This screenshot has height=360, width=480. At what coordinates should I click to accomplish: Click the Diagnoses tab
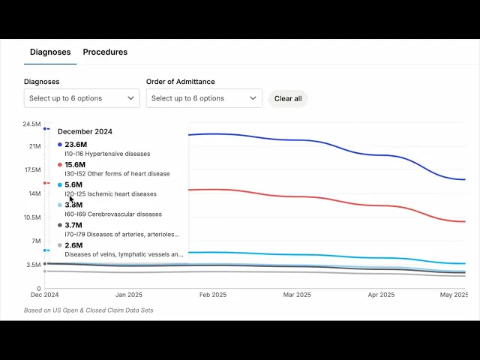pyautogui.click(x=50, y=52)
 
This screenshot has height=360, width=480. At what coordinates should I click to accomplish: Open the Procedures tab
pyautogui.click(x=105, y=52)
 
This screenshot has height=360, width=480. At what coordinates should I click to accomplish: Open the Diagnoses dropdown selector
pyautogui.click(x=82, y=98)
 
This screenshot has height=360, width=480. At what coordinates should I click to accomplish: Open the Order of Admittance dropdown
pyautogui.click(x=204, y=98)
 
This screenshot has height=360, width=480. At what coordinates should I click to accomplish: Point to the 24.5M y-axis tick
pyautogui.click(x=31, y=124)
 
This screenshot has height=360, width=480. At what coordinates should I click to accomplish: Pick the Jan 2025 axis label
pyautogui.click(x=129, y=295)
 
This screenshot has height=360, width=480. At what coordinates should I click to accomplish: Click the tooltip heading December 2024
pyautogui.click(x=85, y=132)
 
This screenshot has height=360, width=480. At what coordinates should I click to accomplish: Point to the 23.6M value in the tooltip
pyautogui.click(x=75, y=145)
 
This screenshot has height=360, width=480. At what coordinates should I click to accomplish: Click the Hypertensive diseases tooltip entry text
pyautogui.click(x=107, y=154)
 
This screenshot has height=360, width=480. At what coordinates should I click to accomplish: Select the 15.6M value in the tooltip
pyautogui.click(x=75, y=165)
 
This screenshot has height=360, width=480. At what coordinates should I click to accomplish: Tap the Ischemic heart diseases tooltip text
pyautogui.click(x=110, y=194)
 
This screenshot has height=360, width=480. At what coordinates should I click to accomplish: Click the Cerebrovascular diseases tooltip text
pyautogui.click(x=112, y=214)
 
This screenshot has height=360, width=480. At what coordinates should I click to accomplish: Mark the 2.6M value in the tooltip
pyautogui.click(x=73, y=245)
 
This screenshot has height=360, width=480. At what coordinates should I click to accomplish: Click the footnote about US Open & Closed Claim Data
pyautogui.click(x=88, y=310)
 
